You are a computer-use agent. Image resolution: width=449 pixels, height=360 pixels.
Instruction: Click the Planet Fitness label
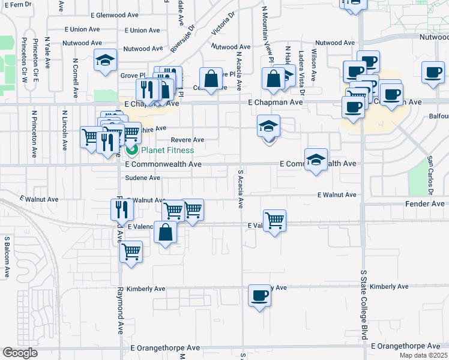[x=167, y=150]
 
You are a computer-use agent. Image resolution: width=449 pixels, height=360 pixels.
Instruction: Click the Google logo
[x=20, y=353]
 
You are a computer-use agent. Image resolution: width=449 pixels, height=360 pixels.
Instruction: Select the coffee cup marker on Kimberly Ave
[x=259, y=296]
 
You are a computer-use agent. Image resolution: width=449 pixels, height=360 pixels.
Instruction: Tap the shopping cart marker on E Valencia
[x=274, y=220]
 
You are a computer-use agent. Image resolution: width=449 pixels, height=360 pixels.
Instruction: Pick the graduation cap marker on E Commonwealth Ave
[x=316, y=160]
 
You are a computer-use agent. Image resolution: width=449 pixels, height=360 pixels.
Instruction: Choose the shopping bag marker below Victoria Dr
[x=211, y=78]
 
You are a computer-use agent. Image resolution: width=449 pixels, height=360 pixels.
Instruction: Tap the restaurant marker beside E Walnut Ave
[x=121, y=209]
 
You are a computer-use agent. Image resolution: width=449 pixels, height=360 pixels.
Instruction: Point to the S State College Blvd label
[x=363, y=305]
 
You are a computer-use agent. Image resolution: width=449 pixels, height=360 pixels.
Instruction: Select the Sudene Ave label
[x=143, y=178]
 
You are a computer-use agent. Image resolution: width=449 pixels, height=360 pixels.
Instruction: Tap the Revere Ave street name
[x=187, y=140]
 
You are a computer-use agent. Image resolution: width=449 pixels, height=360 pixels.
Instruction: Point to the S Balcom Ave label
[x=7, y=257]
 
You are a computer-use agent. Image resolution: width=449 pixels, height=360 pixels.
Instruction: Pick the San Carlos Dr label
[x=430, y=175]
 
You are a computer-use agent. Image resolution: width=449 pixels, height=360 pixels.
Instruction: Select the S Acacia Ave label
[x=240, y=188]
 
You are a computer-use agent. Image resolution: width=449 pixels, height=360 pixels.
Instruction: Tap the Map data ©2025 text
[x=425, y=355]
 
